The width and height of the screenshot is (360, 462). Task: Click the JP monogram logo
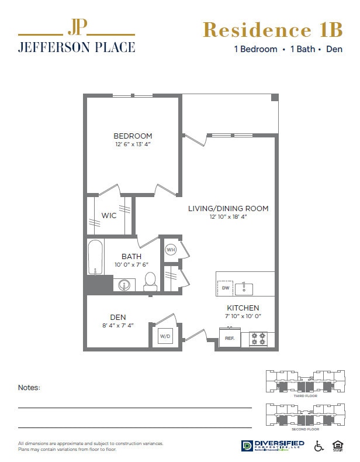point(77,27)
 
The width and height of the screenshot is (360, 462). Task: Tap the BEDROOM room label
point(133,136)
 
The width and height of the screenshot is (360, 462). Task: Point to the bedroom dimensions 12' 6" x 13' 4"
point(133,144)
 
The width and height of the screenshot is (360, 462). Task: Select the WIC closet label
point(109,215)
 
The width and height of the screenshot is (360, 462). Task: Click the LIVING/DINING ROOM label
point(228,208)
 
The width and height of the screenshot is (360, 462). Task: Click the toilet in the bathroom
point(150,281)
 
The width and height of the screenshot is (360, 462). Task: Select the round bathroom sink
point(124,285)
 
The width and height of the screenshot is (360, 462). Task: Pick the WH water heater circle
point(171,250)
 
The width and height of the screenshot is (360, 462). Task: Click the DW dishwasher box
point(225,288)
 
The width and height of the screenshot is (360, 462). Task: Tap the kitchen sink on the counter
point(244,288)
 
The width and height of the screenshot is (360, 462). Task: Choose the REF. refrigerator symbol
point(229,338)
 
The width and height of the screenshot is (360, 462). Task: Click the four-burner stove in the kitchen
point(258,339)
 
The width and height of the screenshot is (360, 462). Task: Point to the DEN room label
point(118,318)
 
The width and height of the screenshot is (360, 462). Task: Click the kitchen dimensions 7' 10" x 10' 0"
point(243,316)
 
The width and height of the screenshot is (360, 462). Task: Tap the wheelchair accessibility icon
point(320,446)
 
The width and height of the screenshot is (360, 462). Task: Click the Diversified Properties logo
point(273,446)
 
